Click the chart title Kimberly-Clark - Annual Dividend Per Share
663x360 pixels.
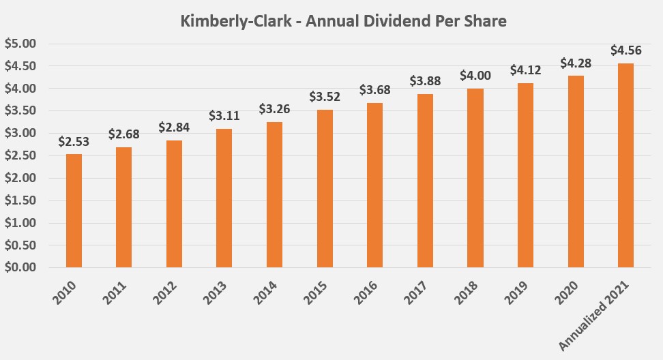tap(343, 21)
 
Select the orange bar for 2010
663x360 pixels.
tap(74, 211)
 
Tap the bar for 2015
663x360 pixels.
tap(325, 188)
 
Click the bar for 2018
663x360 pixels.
tap(475, 178)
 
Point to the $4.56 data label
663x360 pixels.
tap(625, 50)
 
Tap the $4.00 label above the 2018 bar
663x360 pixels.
tap(475, 76)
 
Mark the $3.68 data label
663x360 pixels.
tap(375, 90)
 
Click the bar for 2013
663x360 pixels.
tap(224, 198)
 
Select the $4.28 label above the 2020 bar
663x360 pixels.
tap(576, 63)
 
